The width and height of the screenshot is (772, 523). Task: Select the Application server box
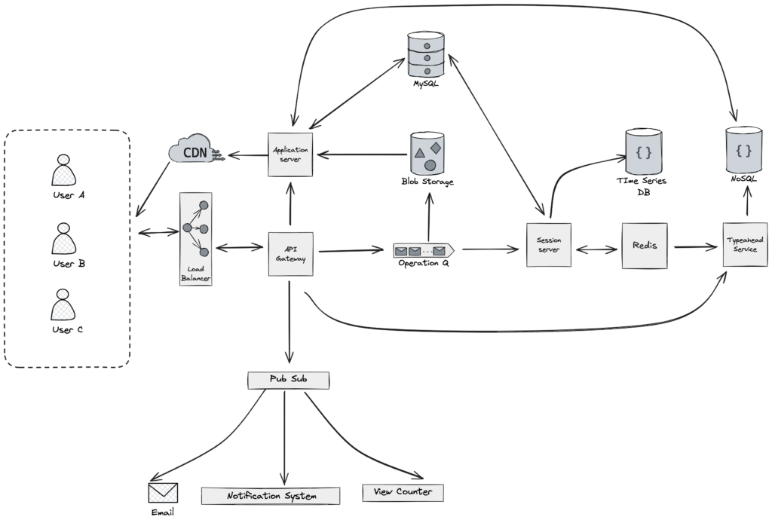coord(290,154)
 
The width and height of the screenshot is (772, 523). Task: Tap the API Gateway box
coord(290,253)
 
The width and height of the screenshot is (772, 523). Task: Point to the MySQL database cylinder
coord(427,54)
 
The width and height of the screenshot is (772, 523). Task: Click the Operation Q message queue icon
coord(423,249)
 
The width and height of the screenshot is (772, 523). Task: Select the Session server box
coord(548,244)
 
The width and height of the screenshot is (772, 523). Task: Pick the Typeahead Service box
coord(745,243)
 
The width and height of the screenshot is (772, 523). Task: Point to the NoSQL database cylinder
coord(744,151)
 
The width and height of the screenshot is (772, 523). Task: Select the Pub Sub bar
coord(288,379)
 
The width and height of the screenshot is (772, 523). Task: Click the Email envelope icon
coord(162,493)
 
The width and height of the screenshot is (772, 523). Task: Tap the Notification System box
coord(271,495)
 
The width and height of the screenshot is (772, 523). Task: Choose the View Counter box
coord(403,492)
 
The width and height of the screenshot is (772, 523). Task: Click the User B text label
coord(63,264)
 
